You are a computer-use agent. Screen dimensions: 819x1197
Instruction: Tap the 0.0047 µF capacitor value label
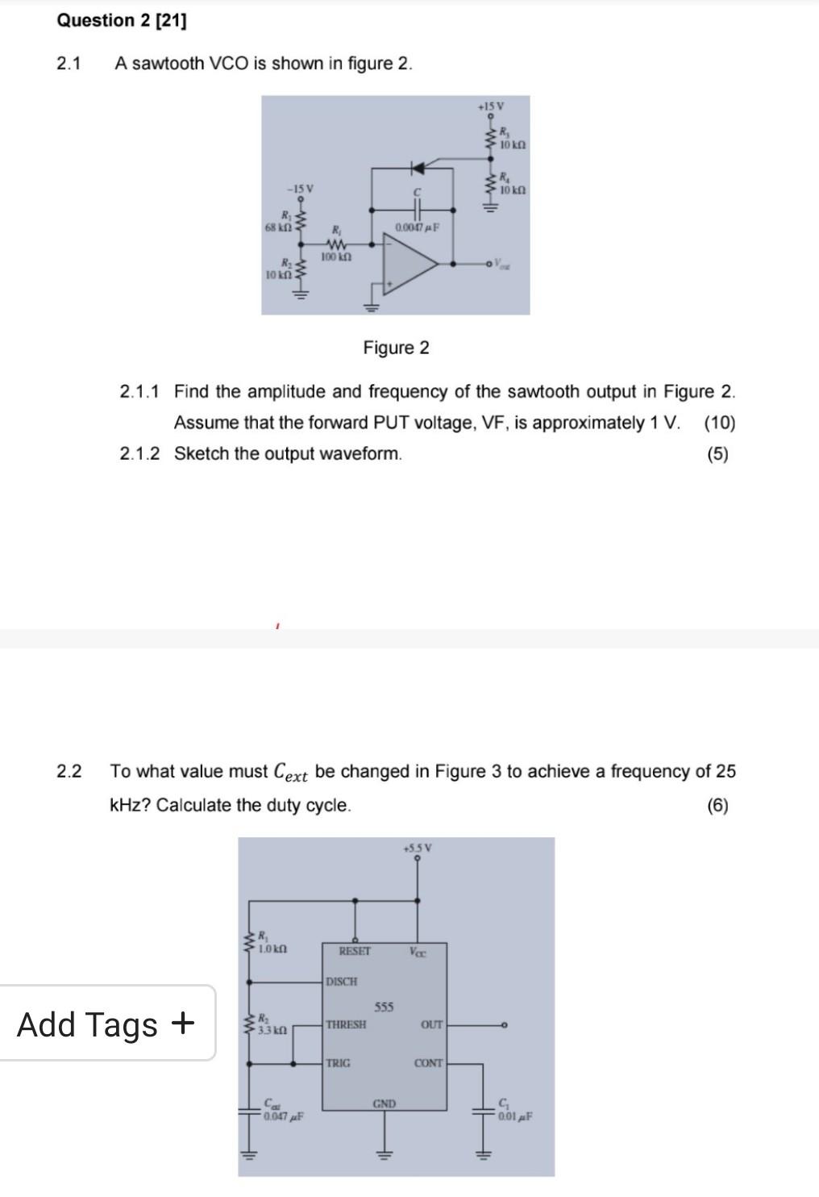click(417, 228)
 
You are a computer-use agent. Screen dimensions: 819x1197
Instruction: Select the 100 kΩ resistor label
click(335, 257)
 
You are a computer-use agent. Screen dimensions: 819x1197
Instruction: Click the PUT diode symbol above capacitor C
click(418, 168)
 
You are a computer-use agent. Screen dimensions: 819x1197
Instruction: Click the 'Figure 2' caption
click(396, 348)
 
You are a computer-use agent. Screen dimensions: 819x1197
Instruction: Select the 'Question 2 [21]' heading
click(122, 21)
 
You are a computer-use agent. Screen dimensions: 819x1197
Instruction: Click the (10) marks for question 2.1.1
click(719, 423)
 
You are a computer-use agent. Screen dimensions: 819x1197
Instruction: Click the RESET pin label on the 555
click(355, 952)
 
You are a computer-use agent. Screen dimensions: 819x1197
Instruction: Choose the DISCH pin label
click(342, 982)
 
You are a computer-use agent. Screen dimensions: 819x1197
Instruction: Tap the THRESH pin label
click(346, 1024)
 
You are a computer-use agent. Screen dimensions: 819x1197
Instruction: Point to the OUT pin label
click(431, 1024)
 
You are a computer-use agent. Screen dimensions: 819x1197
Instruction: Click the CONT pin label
click(428, 1063)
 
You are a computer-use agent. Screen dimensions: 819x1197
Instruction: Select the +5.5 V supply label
click(418, 848)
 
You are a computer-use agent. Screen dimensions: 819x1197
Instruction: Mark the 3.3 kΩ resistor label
click(272, 1031)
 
